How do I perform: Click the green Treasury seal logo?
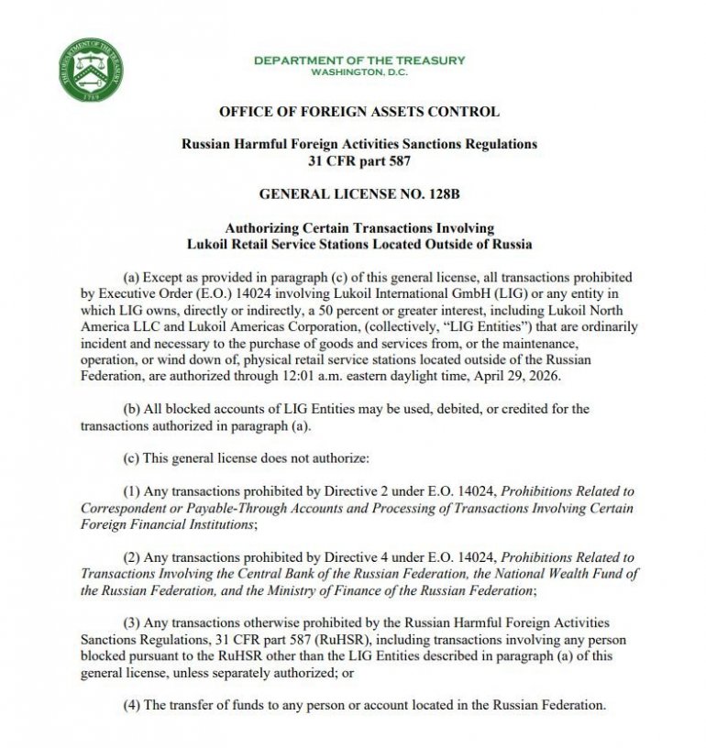pos(89,71)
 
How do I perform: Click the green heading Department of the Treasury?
pos(359,60)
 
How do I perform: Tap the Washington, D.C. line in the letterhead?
pos(359,71)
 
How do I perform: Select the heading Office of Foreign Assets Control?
pos(359,112)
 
